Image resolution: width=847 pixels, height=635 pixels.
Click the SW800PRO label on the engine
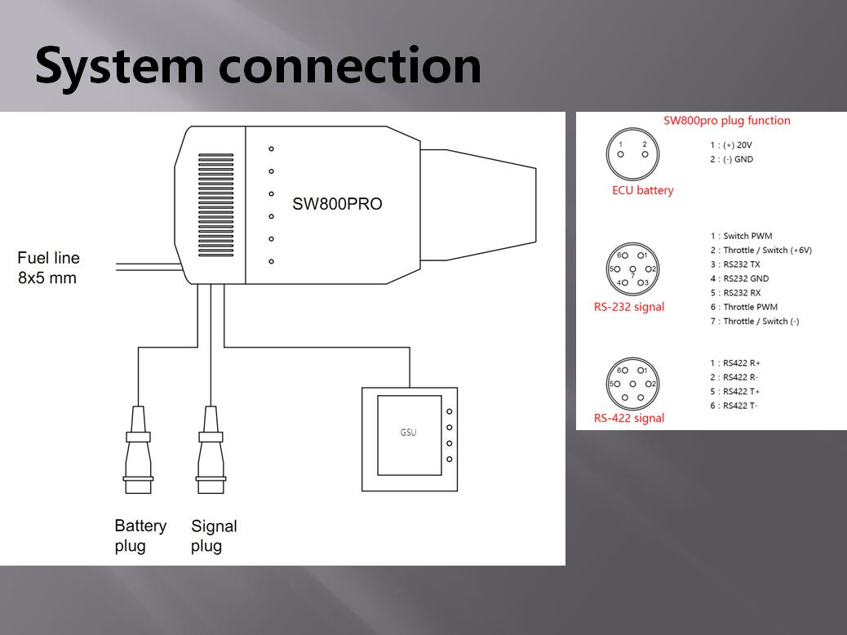pyautogui.click(x=337, y=204)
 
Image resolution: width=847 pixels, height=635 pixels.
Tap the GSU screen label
pyautogui.click(x=408, y=432)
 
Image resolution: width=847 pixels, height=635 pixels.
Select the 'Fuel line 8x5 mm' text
pyautogui.click(x=49, y=268)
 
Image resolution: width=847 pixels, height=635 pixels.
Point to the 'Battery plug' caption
pyautogui.click(x=140, y=535)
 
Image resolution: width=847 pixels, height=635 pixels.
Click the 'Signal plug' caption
pyautogui.click(x=214, y=535)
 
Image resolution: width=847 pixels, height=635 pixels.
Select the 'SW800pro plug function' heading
pyautogui.click(x=726, y=121)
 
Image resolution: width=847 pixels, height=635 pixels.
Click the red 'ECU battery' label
pyautogui.click(x=643, y=190)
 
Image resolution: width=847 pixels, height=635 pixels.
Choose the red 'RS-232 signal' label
pyautogui.click(x=628, y=307)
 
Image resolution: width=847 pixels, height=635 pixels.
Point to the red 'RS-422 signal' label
pyautogui.click(x=628, y=418)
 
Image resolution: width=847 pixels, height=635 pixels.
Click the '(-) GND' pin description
pyautogui.click(x=732, y=159)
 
